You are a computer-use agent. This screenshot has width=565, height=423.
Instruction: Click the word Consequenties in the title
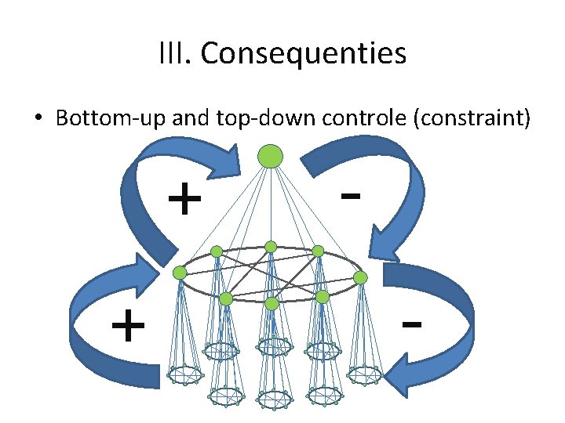(303, 54)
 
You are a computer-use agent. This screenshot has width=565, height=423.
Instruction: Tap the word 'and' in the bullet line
(183, 119)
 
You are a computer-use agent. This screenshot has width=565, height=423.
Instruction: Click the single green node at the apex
(271, 156)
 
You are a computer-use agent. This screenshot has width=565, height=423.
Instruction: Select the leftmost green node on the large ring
(180, 273)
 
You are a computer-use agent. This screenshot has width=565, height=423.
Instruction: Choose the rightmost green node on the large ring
(360, 278)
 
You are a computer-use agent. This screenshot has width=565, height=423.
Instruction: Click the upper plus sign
(184, 201)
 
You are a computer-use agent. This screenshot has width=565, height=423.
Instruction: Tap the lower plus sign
(127, 326)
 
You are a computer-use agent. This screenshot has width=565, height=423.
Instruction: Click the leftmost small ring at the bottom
(186, 375)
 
